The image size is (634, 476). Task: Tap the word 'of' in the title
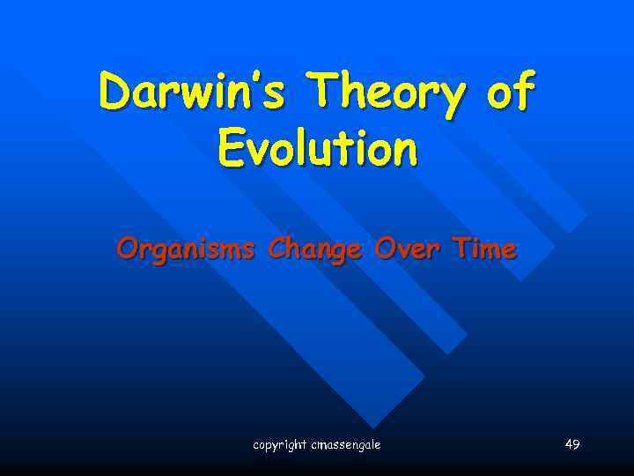pos(509,93)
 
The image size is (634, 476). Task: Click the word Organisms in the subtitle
pos(185,250)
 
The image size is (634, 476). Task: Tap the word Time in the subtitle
pos(483,249)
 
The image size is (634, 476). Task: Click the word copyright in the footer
pos(281,445)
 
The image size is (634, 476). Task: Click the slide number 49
pos(572,444)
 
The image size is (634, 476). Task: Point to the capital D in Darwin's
pos(116,93)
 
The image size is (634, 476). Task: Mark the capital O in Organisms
pos(127,249)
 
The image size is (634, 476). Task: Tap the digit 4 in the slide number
pos(569,444)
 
